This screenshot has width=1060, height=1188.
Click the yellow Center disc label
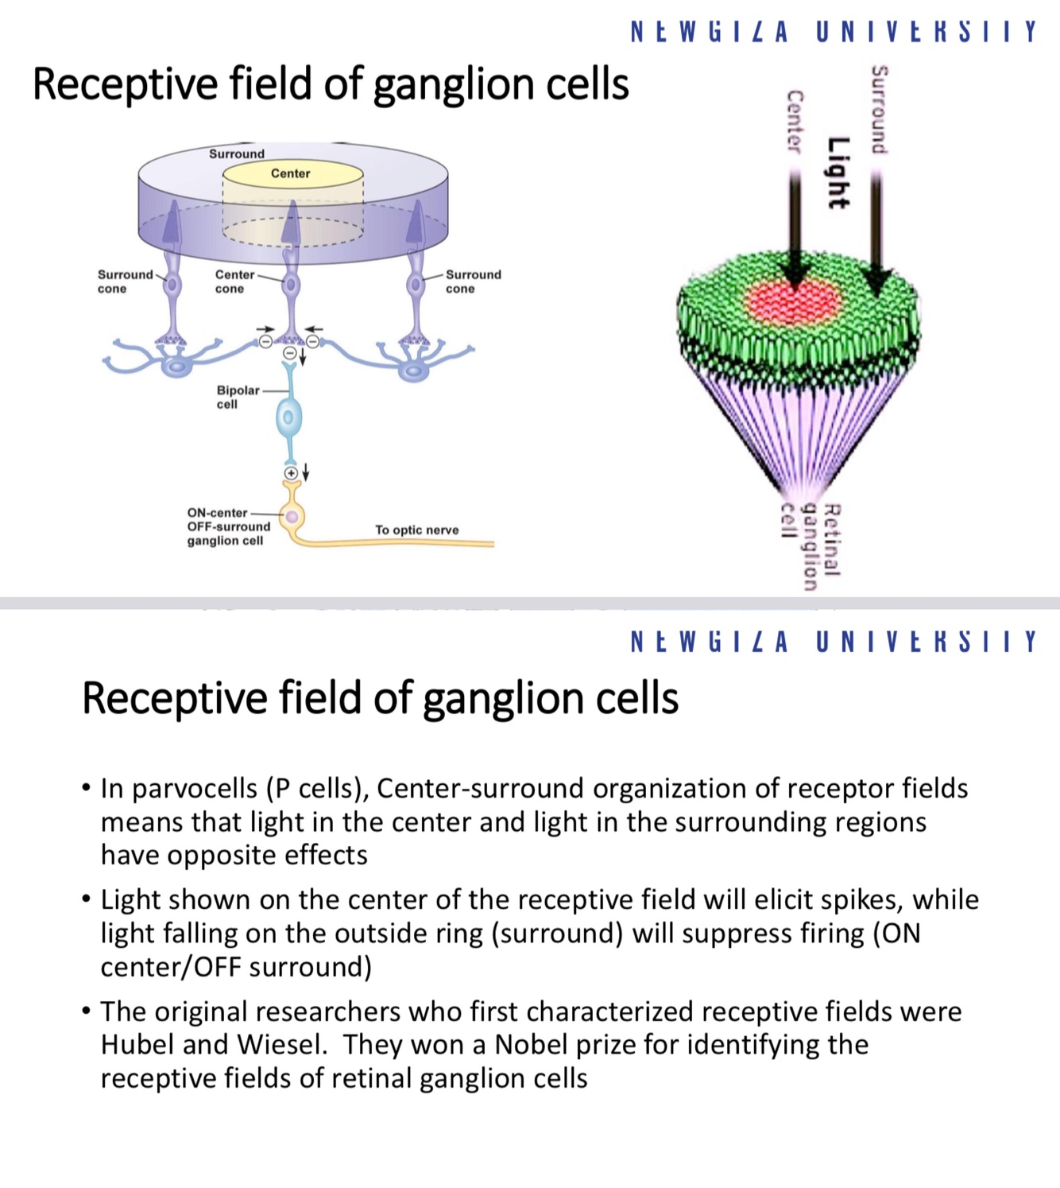pyautogui.click(x=290, y=173)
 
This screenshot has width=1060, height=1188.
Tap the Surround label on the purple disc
pyautogui.click(x=236, y=153)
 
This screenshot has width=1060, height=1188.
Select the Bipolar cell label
pyautogui.click(x=237, y=397)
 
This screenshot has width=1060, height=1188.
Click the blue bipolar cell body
pyautogui.click(x=289, y=417)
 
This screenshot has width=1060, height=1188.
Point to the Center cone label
pyautogui.click(x=234, y=281)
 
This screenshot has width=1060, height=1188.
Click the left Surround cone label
pyautogui.click(x=125, y=281)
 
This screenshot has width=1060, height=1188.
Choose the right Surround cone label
pyautogui.click(x=473, y=281)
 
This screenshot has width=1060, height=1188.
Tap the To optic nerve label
pyautogui.click(x=416, y=530)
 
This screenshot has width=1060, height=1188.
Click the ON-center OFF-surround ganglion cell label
pyautogui.click(x=228, y=526)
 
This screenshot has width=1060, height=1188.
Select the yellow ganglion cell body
pyautogui.click(x=292, y=517)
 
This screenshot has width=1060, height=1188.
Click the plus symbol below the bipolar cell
pyautogui.click(x=291, y=473)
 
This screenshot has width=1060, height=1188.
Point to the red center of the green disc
pyautogui.click(x=793, y=301)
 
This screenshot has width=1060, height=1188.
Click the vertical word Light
pyautogui.click(x=838, y=173)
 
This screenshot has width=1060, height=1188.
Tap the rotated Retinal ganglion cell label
pyautogui.click(x=809, y=545)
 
